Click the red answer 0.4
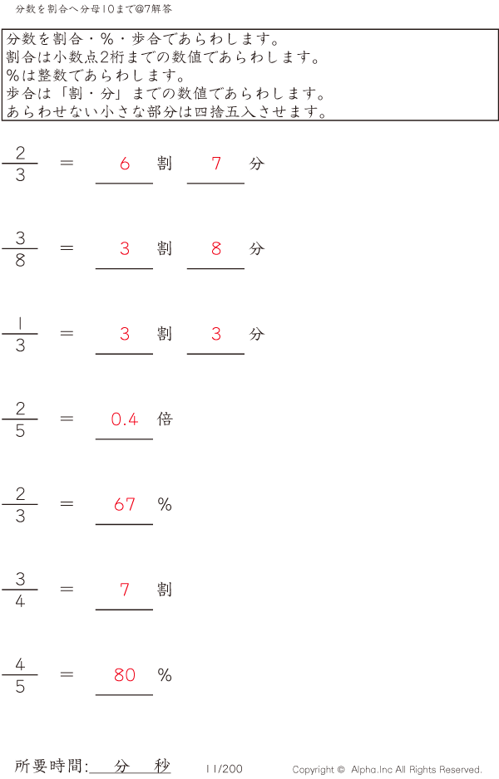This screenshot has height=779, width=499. point(125,419)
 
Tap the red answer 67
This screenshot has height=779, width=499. point(125,504)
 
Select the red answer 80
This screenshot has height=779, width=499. point(125,675)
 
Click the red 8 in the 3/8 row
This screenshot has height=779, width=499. point(216,248)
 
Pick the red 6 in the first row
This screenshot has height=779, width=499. point(125,164)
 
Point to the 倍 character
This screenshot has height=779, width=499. point(165,419)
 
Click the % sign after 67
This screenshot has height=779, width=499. point(165,504)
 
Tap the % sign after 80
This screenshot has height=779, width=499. point(165,675)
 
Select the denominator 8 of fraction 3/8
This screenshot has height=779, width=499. point(20,260)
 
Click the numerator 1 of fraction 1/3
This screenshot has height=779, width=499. point(20,323)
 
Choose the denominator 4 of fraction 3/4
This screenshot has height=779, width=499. point(20,600)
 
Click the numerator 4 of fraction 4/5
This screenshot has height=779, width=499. point(20,664)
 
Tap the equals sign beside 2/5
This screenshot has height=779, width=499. point(67,419)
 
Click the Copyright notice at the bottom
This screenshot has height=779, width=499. point(387,770)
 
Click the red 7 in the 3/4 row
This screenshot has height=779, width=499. point(125,590)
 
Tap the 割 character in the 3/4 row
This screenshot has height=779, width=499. point(165,590)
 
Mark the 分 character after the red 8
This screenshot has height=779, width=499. point(256,248)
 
